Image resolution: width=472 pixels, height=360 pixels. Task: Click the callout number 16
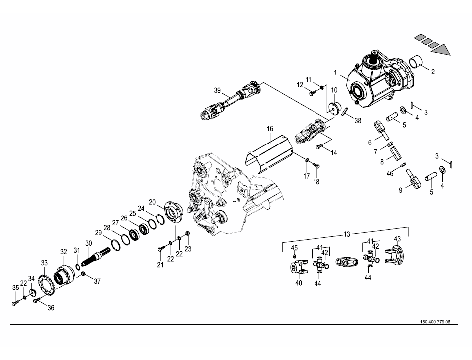click(270, 129)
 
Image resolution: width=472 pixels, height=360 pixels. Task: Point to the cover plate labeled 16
click(268, 152)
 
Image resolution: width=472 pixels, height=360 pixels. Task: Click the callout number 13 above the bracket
click(347, 234)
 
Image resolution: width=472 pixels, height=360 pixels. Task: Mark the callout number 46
click(390, 174)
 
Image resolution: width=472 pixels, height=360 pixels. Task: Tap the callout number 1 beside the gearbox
click(336, 72)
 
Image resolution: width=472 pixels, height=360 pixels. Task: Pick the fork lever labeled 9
click(412, 179)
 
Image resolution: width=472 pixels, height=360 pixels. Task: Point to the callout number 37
click(97, 281)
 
